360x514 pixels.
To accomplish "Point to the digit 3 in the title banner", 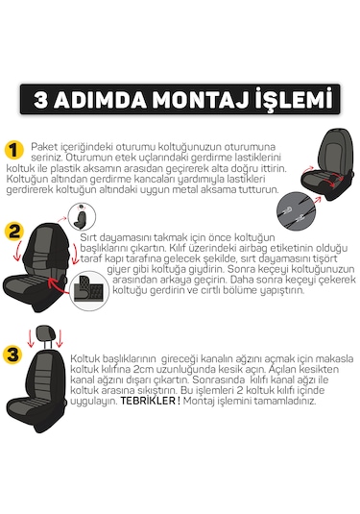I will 48,100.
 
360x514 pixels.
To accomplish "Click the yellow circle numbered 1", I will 13,151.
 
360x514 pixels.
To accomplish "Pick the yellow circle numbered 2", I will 13,232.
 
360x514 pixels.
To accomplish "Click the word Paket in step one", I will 44,144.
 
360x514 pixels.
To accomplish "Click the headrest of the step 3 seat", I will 47,336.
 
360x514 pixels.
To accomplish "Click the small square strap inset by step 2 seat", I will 89,288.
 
